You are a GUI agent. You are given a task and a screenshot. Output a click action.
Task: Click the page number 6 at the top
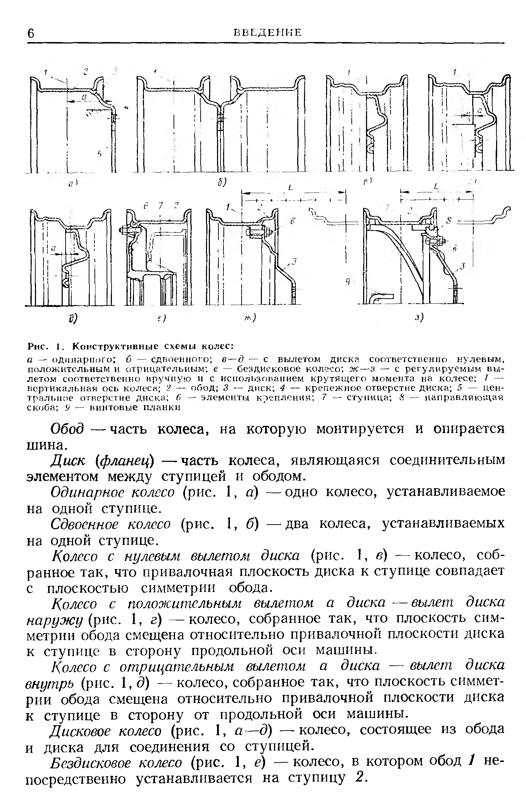[x=31, y=33]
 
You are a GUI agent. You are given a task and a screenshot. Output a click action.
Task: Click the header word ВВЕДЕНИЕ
[x=267, y=32]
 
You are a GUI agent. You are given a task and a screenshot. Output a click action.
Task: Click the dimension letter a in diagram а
[x=84, y=97]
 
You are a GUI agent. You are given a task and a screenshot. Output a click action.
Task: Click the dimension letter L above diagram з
[x=437, y=186]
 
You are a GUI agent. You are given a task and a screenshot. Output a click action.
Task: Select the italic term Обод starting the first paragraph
[x=67, y=429]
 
